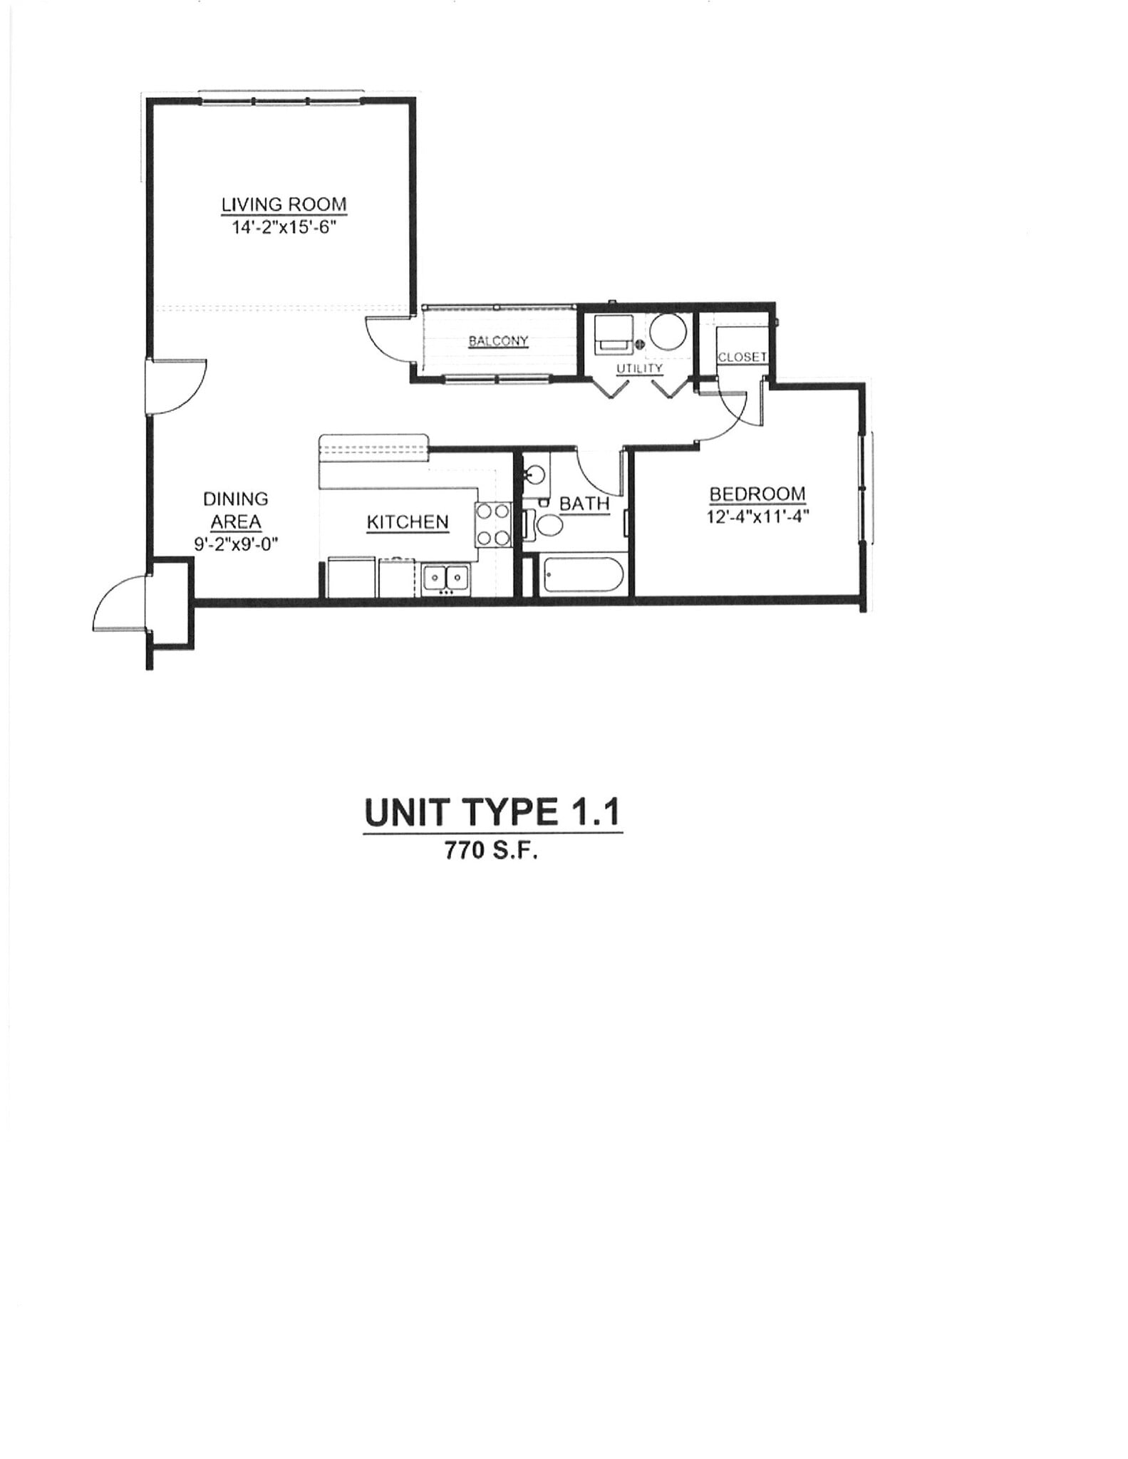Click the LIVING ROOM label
284,205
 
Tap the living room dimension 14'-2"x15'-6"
284,229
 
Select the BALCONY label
498,341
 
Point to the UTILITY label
639,368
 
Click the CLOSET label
742,357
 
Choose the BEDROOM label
757,494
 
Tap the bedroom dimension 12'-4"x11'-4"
757,516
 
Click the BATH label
584,504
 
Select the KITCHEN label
408,522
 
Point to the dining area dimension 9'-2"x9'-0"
236,544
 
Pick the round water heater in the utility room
669,332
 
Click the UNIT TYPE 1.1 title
492,812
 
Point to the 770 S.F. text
491,851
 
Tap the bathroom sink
535,474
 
